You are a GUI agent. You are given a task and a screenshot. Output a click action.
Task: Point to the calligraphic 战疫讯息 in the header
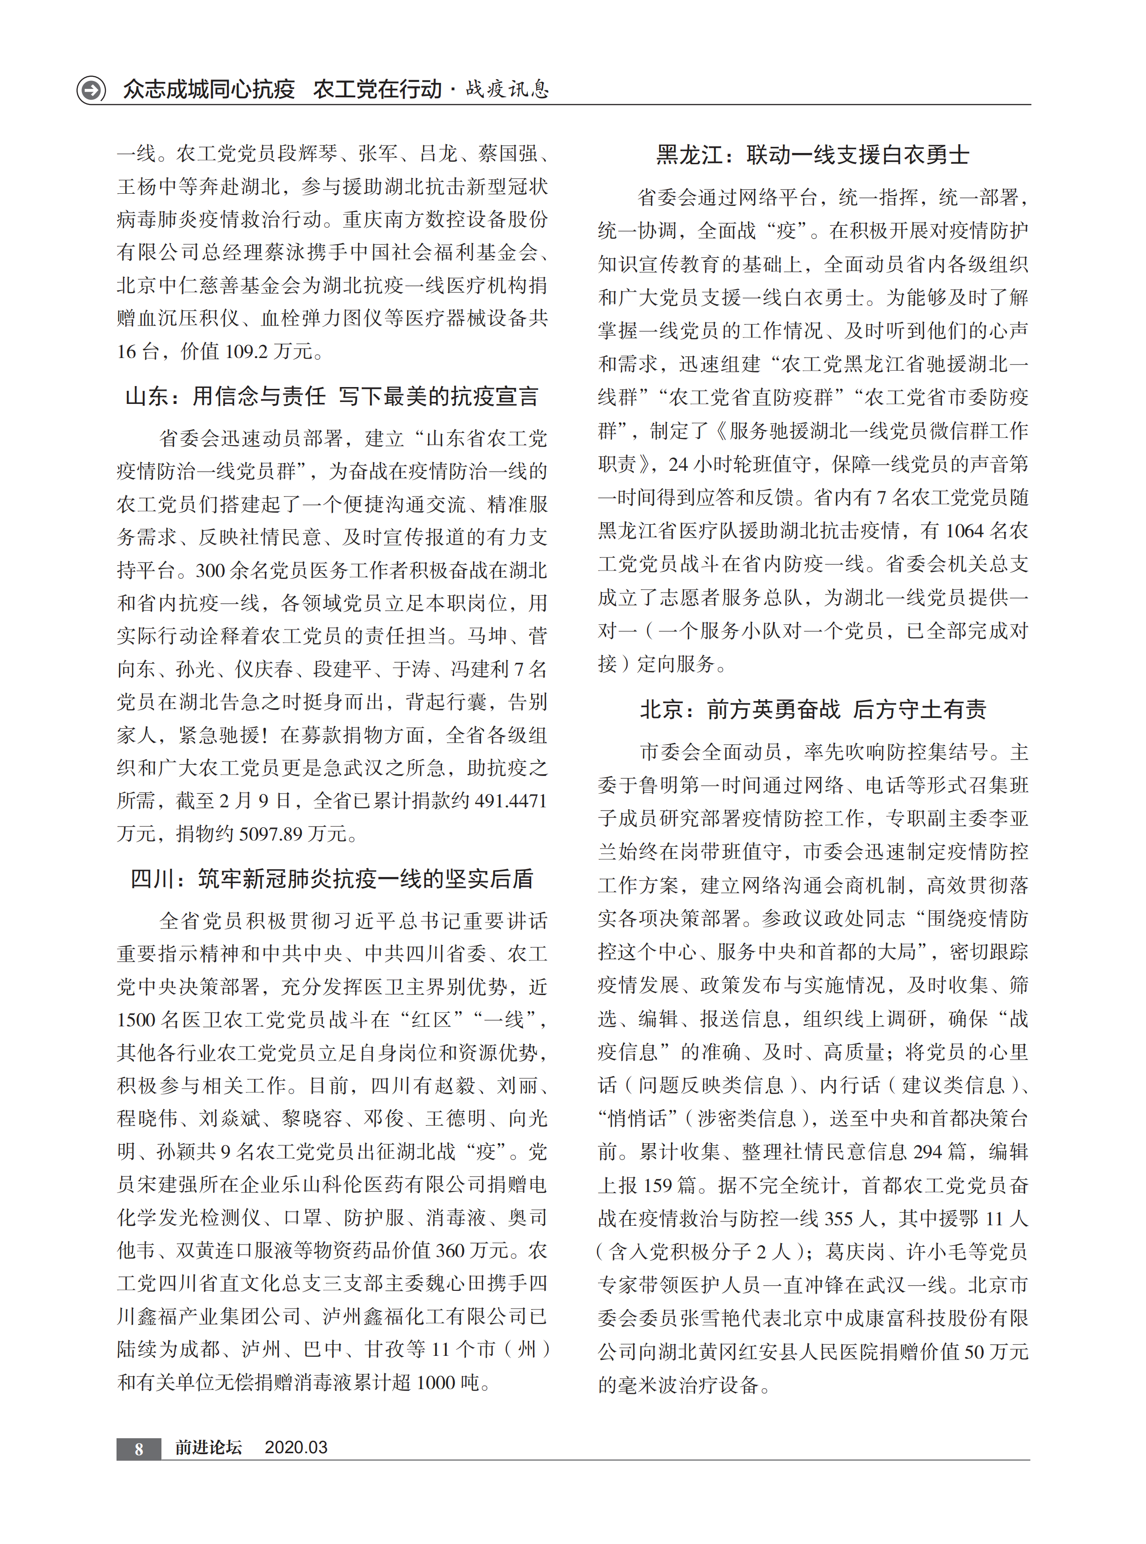coord(507,89)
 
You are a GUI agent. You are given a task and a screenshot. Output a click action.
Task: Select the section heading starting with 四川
coord(332,879)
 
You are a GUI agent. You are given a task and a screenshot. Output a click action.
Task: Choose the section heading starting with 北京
coord(812,709)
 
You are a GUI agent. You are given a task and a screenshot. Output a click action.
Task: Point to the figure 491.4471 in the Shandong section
coord(511,801)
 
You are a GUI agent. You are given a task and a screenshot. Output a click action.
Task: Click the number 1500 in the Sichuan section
coord(136,1020)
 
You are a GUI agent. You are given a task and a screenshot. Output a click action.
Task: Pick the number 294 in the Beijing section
coord(927,1152)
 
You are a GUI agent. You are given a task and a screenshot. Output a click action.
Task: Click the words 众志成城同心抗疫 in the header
coord(209,89)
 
